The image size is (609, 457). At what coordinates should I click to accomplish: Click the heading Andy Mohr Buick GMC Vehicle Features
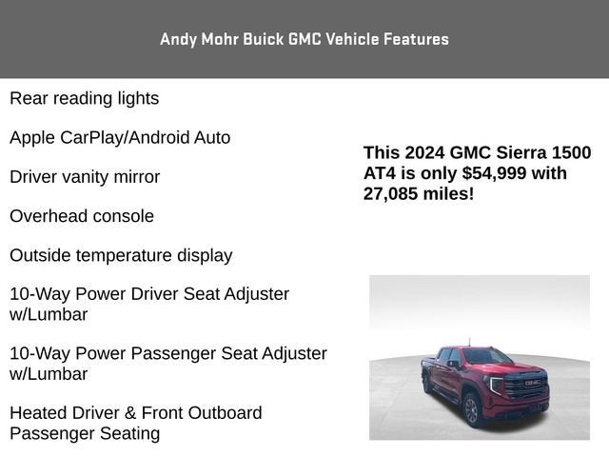tap(304, 39)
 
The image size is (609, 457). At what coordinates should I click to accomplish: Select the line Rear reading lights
tap(84, 98)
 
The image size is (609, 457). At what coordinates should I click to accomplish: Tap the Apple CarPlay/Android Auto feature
tap(120, 137)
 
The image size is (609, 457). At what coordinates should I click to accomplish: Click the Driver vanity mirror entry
tap(85, 177)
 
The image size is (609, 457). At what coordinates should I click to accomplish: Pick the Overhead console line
tap(82, 216)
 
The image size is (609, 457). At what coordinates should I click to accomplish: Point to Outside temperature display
tap(121, 255)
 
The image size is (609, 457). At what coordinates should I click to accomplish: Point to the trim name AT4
tap(380, 173)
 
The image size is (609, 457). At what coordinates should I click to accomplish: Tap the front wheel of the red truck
tap(471, 408)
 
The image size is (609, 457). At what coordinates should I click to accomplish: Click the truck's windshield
tap(486, 357)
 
